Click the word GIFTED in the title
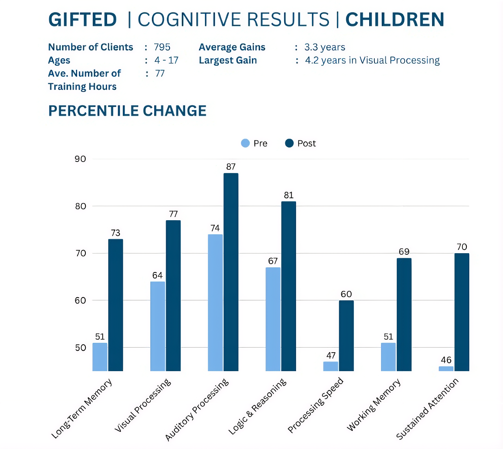point(83,20)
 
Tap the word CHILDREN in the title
point(395,20)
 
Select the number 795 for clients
point(162,47)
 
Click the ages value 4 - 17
point(166,60)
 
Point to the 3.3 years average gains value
point(325,47)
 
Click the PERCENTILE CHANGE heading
point(127,111)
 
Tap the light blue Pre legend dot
point(245,143)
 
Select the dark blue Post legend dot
point(289,143)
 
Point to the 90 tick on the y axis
point(80,159)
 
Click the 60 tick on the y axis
point(80,300)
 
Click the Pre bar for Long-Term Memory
point(100,357)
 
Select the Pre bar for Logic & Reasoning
point(273,319)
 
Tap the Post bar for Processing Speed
point(346,336)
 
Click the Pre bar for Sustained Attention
point(446,369)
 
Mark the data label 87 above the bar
point(231,167)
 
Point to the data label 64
point(157,275)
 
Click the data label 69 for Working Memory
point(404,252)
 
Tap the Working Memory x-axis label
point(374,405)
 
